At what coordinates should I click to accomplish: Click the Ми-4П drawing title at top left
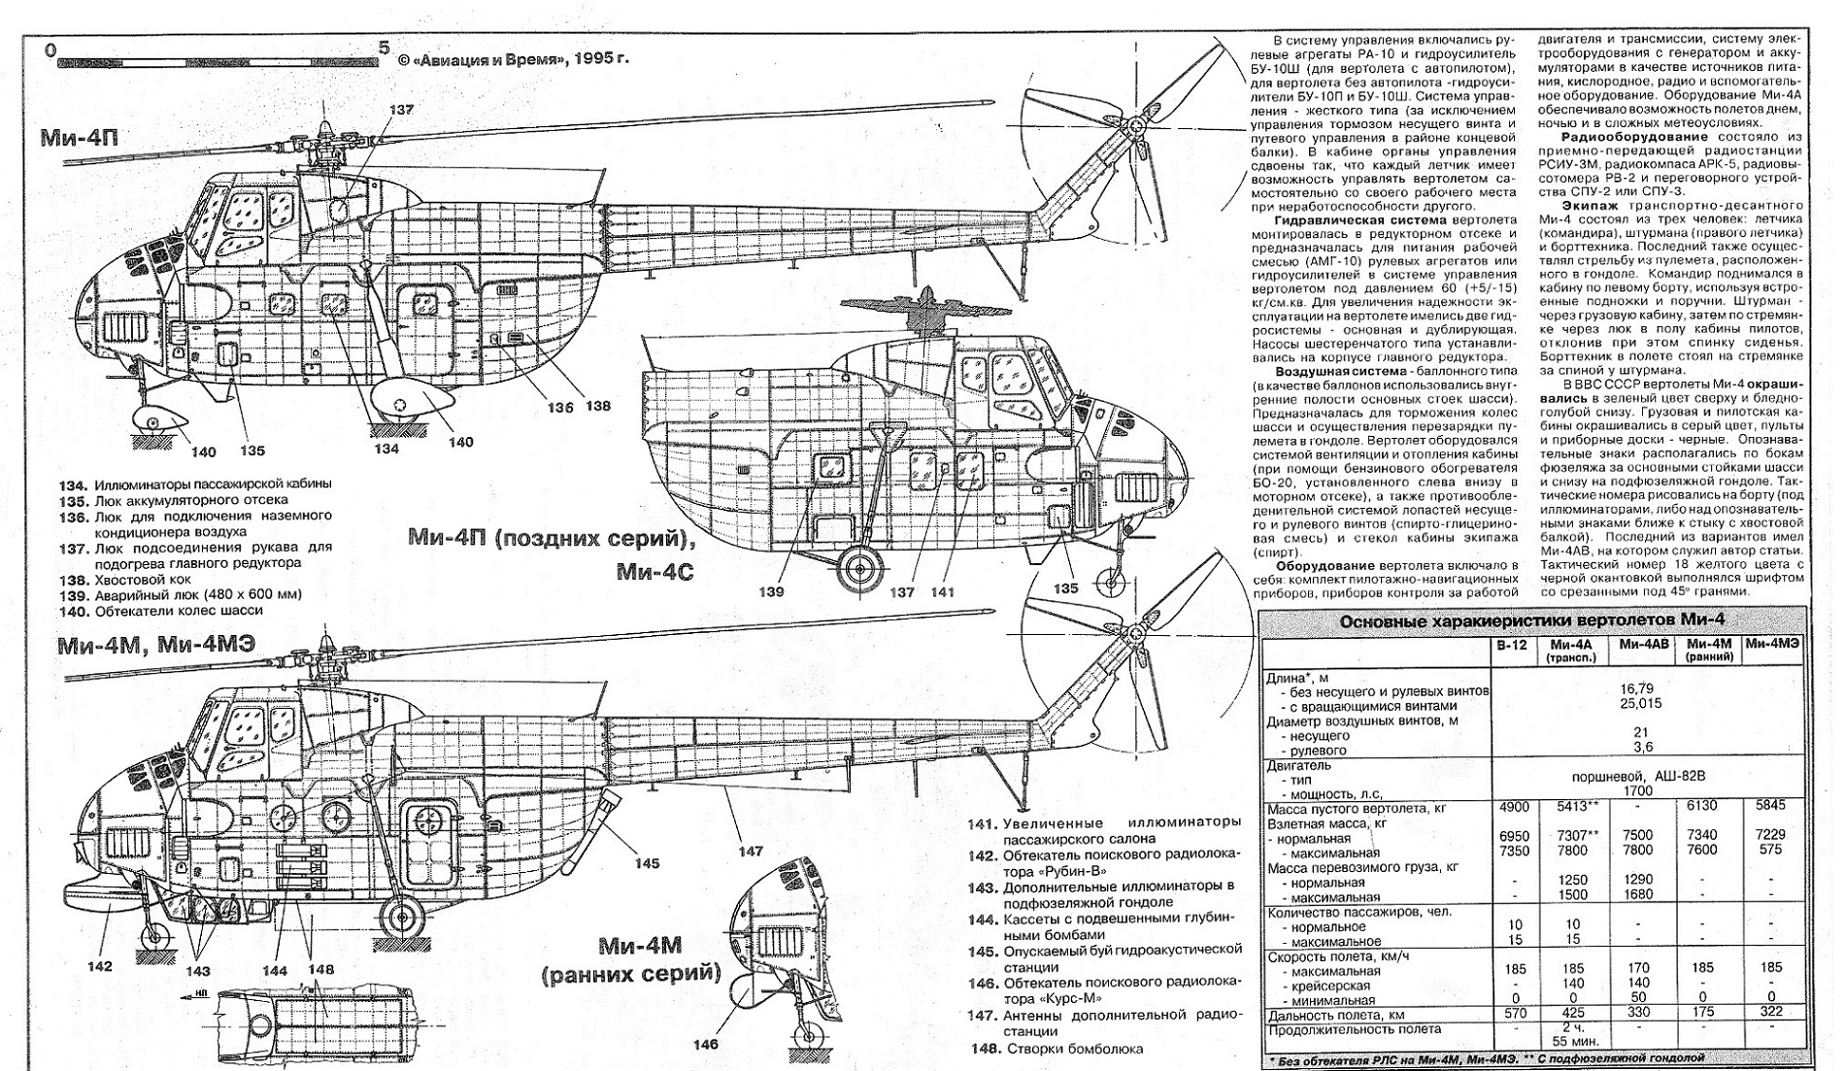click(x=80, y=138)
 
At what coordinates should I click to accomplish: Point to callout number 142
click(x=99, y=966)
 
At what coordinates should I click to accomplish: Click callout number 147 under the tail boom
click(x=751, y=852)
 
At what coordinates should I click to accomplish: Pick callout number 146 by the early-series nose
click(x=706, y=1044)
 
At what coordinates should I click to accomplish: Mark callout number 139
click(x=773, y=591)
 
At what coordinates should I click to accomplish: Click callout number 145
click(x=647, y=863)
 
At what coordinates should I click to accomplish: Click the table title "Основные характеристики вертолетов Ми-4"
click(x=1533, y=622)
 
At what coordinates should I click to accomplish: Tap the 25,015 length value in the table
click(x=1640, y=703)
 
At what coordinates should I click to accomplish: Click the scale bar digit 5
click(x=384, y=48)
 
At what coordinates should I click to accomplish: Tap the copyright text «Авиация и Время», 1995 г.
click(x=514, y=58)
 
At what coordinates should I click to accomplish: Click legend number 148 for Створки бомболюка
click(x=985, y=1049)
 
